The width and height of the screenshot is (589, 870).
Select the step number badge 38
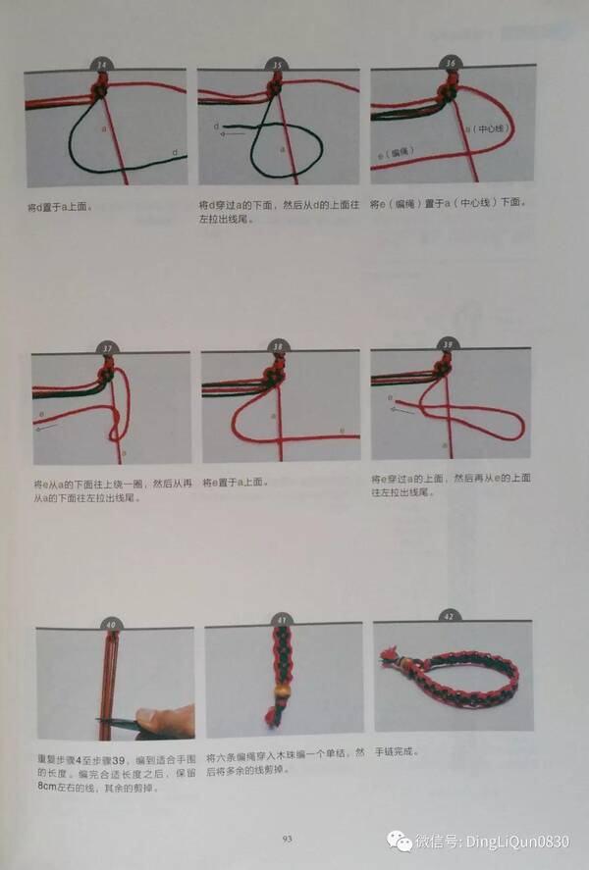coord(278,346)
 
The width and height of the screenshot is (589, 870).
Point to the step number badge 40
coord(110,624)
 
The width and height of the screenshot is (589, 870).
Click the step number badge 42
coord(449,617)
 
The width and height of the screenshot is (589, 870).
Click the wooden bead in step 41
coord(279,703)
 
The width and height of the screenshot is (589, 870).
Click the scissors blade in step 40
coord(116,723)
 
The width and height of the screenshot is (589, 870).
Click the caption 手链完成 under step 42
coord(397,752)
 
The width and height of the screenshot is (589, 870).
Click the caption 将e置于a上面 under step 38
coord(236,484)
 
